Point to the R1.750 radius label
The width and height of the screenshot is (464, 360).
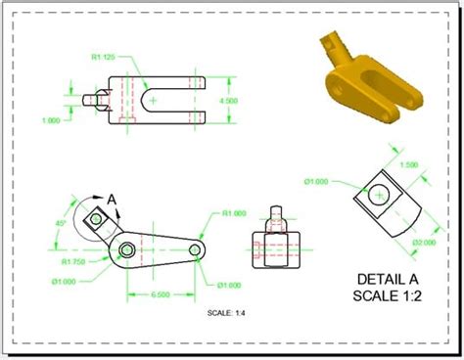coord(73,262)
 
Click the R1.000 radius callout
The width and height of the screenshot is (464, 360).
coord(233,213)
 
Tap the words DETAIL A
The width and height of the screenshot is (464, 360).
coord(391,277)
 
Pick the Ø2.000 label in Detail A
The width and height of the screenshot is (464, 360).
coord(424,242)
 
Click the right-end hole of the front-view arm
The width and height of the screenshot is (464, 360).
coord(196,250)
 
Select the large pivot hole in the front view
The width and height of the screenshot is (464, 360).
coord(127,251)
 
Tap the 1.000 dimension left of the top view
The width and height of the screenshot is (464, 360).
coord(50,120)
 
